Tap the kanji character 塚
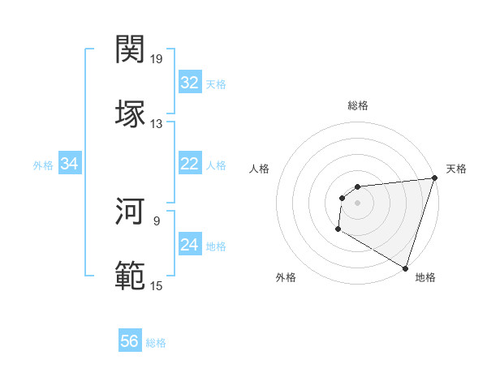click(x=131, y=113)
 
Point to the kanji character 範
click(x=131, y=275)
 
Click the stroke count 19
click(x=157, y=59)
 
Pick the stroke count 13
click(x=157, y=123)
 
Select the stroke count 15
click(x=157, y=285)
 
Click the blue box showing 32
click(x=189, y=83)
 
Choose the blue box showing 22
click(x=189, y=164)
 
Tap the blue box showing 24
click(x=189, y=245)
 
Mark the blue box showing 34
click(x=69, y=165)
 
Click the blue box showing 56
click(x=129, y=341)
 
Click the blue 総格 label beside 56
click(x=156, y=343)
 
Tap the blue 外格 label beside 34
click(x=43, y=165)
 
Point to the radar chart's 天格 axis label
click(x=456, y=169)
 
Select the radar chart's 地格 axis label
click(x=425, y=277)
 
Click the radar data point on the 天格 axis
click(x=435, y=178)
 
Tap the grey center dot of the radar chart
click(x=357, y=203)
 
